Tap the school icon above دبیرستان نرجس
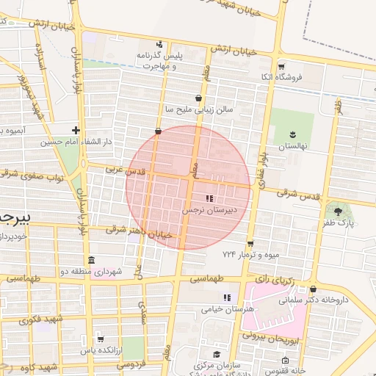[209, 198]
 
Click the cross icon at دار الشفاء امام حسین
[76, 129]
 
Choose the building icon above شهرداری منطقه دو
[91, 261]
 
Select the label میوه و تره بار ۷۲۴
[251, 254]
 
